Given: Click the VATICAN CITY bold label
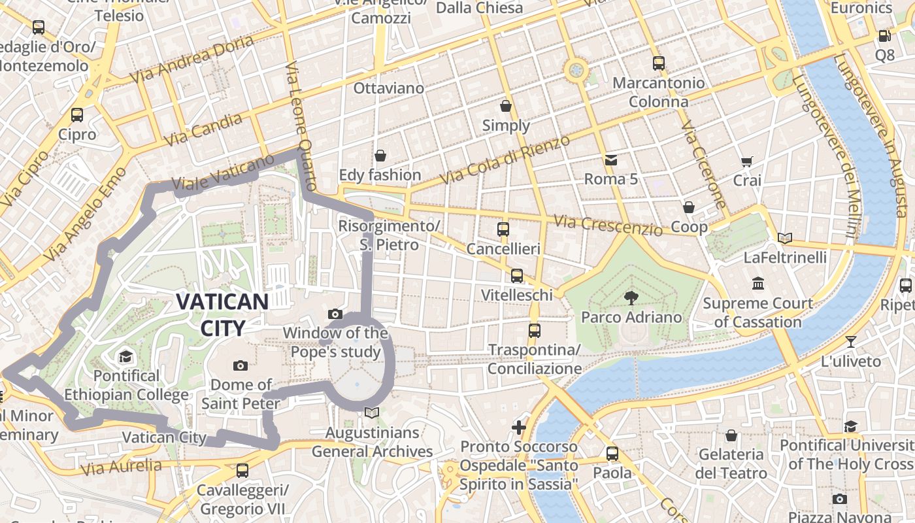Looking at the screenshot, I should click(222, 314).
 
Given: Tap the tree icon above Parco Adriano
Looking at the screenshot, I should click(631, 298).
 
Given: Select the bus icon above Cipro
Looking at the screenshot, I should click(77, 115).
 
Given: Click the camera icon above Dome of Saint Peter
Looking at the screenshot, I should click(241, 365).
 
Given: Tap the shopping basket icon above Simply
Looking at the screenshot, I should click(506, 106).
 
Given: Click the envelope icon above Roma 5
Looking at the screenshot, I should click(610, 160).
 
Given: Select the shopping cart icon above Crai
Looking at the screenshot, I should click(747, 161).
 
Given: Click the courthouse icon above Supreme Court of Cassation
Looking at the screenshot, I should click(758, 284).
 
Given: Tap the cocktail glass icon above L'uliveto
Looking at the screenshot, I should click(850, 341).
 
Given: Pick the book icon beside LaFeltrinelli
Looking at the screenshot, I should click(785, 239).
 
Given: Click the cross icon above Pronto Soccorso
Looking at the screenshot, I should click(519, 428).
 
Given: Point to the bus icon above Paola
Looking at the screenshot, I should click(612, 453).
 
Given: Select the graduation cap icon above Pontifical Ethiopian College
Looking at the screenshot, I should click(125, 356).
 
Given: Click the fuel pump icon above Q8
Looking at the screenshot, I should click(884, 36).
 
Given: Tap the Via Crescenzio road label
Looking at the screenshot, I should click(608, 226).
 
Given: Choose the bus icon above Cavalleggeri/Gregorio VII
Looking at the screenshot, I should click(242, 470).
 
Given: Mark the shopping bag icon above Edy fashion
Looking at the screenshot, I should click(380, 156).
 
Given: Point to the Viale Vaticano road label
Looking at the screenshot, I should click(223, 173).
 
